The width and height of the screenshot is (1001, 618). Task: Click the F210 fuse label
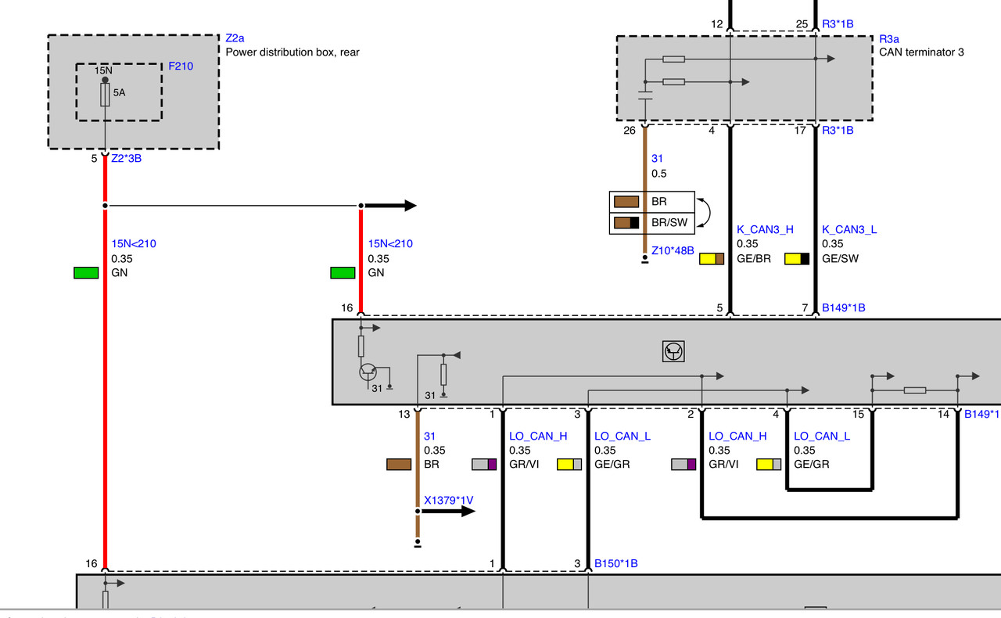tap(181, 66)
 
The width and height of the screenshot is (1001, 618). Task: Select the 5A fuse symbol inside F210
tap(105, 95)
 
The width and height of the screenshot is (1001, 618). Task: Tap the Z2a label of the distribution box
tap(235, 38)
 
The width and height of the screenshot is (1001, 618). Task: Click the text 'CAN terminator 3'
tap(921, 52)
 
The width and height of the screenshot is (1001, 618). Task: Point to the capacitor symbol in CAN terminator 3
tap(645, 95)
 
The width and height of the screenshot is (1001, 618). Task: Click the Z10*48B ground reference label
tap(673, 250)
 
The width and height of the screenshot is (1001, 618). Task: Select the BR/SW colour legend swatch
tap(626, 222)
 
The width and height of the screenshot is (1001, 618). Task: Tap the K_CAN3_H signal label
tap(765, 229)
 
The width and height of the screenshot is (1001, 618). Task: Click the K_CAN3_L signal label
tap(849, 229)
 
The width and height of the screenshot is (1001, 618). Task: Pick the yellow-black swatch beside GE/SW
tap(797, 258)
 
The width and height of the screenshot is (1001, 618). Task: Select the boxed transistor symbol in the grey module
tap(673, 351)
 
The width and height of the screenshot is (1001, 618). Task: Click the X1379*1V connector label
tap(448, 500)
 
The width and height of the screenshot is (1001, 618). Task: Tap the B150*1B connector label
tap(615, 563)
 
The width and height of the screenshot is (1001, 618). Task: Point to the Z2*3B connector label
tap(126, 158)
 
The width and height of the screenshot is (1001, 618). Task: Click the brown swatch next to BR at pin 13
tap(399, 464)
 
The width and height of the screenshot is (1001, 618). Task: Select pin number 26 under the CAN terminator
tap(630, 131)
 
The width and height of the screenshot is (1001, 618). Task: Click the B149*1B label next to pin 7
tap(843, 307)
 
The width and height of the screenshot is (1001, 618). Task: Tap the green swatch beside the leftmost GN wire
tap(86, 273)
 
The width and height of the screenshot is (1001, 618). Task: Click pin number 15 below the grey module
tap(858, 415)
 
